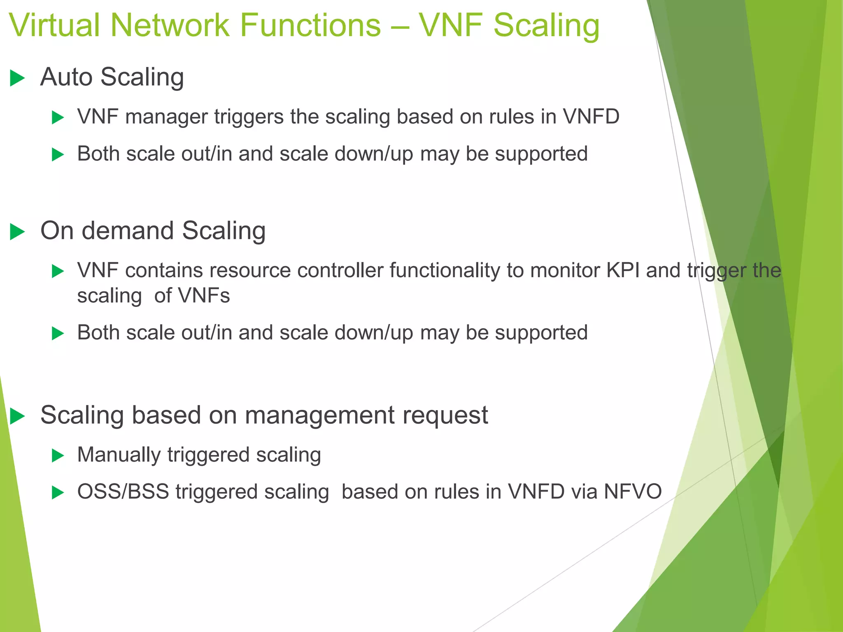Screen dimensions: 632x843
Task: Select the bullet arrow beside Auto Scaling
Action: coord(17,78)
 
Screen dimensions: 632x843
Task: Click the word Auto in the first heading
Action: coord(66,77)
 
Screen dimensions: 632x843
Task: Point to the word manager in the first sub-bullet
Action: coord(166,117)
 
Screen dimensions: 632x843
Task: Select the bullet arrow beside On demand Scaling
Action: coord(17,231)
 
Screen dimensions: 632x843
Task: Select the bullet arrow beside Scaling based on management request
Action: coord(17,416)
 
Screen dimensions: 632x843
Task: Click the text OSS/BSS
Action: coord(123,492)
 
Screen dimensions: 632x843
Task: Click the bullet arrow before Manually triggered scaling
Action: coord(58,456)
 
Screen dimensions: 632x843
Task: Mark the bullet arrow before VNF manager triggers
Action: coord(58,118)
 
